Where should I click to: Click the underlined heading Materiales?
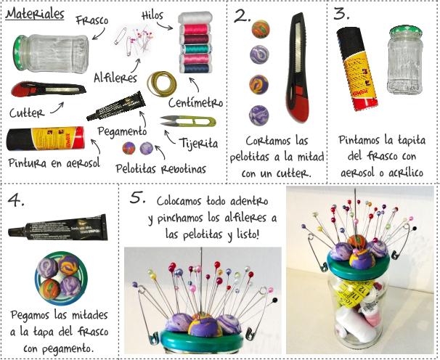35,14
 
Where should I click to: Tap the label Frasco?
92,20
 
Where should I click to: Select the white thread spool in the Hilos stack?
195,18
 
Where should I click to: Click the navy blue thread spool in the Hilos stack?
195,68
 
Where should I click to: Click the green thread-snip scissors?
188,121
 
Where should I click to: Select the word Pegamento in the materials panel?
123,131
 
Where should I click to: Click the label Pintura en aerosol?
54,163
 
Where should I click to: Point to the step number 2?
242,17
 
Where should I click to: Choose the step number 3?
341,14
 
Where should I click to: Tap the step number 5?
137,197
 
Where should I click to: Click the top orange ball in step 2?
261,29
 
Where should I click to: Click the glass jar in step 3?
405,60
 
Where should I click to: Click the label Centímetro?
195,103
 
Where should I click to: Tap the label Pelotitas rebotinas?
160,169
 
